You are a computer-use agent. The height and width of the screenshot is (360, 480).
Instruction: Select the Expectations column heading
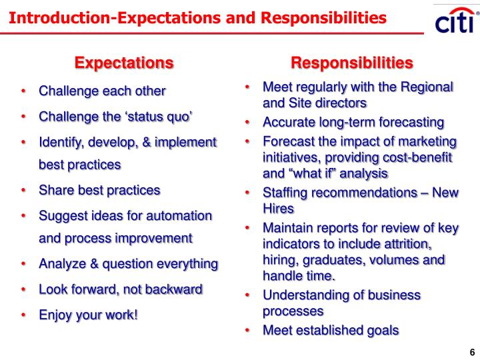(x=124, y=63)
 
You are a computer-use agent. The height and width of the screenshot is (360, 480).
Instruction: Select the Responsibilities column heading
(x=352, y=63)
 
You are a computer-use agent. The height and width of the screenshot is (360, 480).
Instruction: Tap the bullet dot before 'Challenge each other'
(x=24, y=91)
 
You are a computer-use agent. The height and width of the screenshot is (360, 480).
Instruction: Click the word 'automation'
(x=175, y=216)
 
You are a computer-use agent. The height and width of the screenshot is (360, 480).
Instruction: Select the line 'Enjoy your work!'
(x=89, y=314)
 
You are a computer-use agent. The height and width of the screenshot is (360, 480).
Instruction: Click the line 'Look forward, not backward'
(x=120, y=289)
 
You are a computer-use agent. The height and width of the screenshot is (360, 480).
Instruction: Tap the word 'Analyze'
(x=63, y=264)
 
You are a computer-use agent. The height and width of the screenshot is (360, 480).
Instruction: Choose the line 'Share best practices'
(x=99, y=190)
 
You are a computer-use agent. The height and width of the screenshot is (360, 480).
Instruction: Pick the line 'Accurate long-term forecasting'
(x=353, y=122)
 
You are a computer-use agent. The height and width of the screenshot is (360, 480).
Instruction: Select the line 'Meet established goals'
(x=331, y=329)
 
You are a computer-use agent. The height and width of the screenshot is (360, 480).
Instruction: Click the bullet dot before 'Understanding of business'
(x=247, y=295)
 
